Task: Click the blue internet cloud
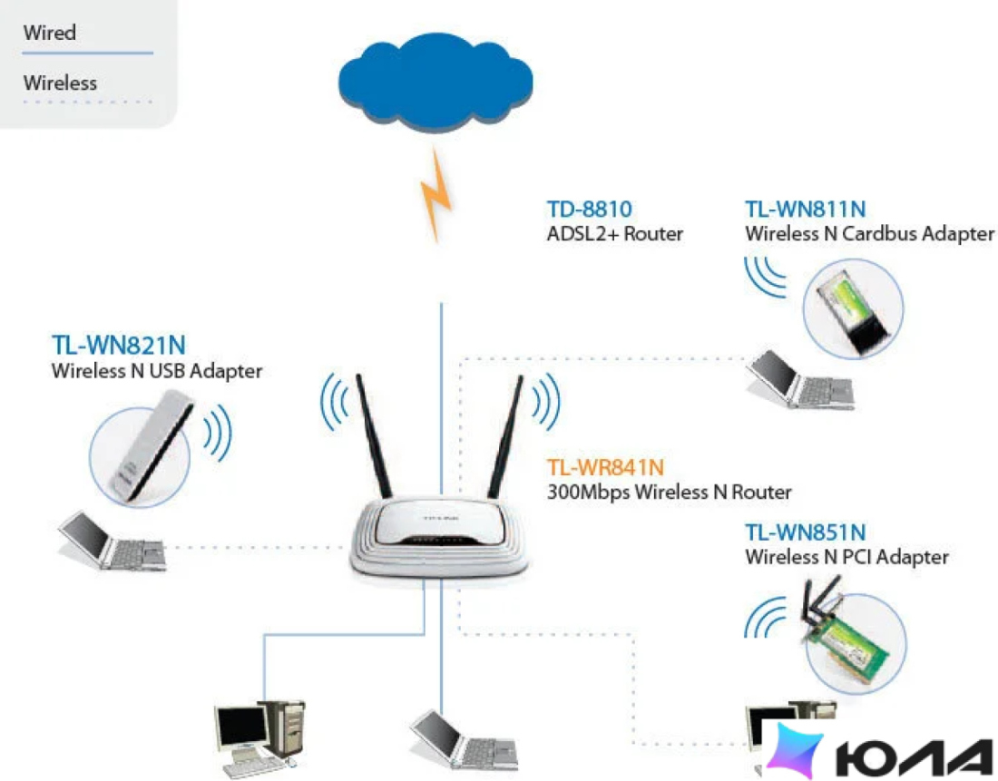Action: click(x=435, y=81)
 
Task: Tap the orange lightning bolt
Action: click(x=436, y=195)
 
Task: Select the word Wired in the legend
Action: click(x=50, y=33)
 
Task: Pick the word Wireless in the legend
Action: click(x=61, y=83)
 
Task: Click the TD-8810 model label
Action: click(x=590, y=209)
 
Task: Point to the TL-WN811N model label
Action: click(x=805, y=209)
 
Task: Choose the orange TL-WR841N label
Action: click(x=605, y=467)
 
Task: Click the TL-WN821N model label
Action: click(x=118, y=345)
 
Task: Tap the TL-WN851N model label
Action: click(x=805, y=532)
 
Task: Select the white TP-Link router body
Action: click(x=438, y=538)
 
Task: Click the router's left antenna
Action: click(x=373, y=436)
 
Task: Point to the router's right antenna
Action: click(x=505, y=436)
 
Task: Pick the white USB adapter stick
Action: click(x=152, y=445)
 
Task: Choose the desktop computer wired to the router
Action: click(x=259, y=737)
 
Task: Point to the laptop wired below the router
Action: click(x=464, y=740)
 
